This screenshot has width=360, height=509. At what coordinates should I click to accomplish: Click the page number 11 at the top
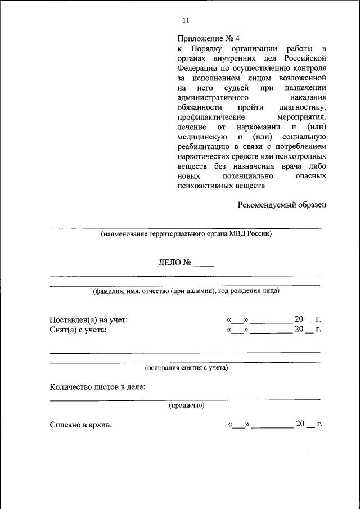(186, 21)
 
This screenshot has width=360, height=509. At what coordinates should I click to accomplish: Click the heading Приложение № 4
(208, 39)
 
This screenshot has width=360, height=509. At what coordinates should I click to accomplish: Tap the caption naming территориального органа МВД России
(186, 234)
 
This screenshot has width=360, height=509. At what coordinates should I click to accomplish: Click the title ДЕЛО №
(175, 263)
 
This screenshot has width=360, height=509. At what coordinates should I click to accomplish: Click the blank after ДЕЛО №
(204, 264)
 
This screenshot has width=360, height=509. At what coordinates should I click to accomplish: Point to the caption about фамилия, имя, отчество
(186, 291)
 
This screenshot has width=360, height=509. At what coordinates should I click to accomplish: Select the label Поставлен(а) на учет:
(89, 320)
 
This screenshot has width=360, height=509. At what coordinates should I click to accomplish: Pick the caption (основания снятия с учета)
(186, 368)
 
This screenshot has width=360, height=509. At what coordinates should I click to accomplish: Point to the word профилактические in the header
(210, 118)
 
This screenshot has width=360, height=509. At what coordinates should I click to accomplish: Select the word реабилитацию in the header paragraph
(203, 147)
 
